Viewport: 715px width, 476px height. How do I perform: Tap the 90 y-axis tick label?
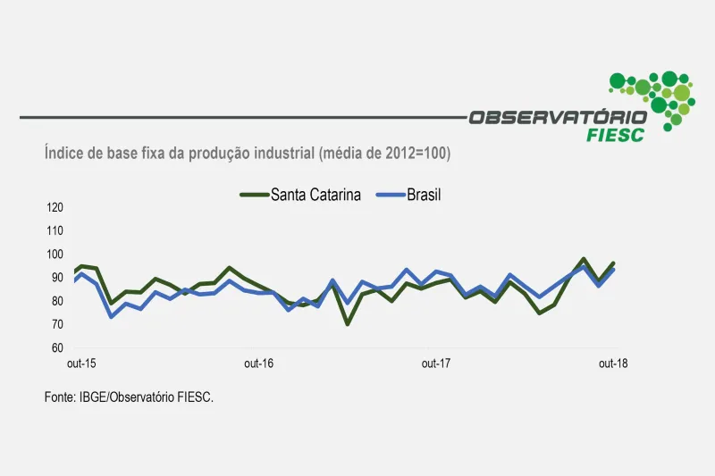[x=55, y=278]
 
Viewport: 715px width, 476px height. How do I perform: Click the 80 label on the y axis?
[x=55, y=301]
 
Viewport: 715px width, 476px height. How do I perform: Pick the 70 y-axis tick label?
[x=55, y=324]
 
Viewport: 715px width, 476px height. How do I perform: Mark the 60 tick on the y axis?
[x=55, y=347]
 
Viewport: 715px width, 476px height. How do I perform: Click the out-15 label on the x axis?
[x=81, y=363]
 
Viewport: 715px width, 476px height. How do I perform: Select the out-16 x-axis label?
[x=258, y=363]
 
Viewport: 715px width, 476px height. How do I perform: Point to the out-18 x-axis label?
[x=612, y=363]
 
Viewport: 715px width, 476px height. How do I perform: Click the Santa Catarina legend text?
[x=315, y=195]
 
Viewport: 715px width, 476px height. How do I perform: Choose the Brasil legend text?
[x=425, y=195]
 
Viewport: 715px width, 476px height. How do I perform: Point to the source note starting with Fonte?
[x=129, y=397]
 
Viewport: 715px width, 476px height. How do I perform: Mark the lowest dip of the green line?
[x=348, y=323]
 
